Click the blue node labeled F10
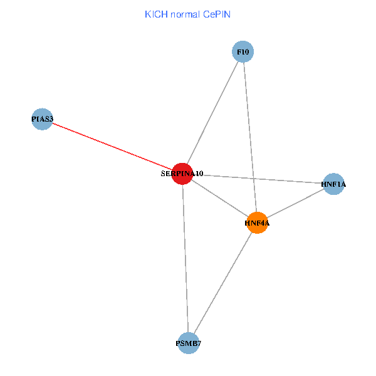click(243, 51)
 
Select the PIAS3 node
click(42, 119)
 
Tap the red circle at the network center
click(182, 174)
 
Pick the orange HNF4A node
click(257, 222)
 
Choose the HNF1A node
click(333, 184)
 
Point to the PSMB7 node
click(188, 343)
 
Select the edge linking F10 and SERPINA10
click(212, 113)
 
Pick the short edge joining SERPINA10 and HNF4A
click(219, 198)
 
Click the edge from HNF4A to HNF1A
click(295, 204)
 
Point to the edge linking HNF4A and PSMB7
click(222, 283)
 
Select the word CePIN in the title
click(216, 14)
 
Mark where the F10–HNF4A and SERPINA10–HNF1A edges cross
click(253, 178)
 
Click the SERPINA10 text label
click(182, 174)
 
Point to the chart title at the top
click(187, 14)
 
